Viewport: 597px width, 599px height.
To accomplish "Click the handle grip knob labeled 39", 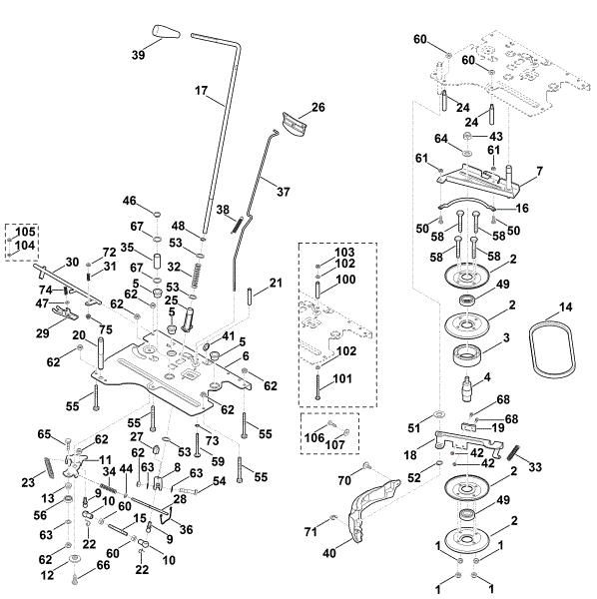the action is tap(166, 32).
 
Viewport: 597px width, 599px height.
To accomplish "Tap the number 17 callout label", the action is tap(201, 91).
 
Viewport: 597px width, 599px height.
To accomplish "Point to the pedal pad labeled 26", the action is tap(295, 124).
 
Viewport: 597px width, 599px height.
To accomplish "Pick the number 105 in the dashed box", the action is tap(25, 232).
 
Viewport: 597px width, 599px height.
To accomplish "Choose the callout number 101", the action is tap(342, 378).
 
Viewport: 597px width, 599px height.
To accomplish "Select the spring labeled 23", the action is tap(49, 467).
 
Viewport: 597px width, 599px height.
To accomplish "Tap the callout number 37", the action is tap(284, 192).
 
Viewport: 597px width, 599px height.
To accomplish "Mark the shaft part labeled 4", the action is tap(468, 389).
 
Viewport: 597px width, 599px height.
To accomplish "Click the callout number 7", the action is tap(539, 172).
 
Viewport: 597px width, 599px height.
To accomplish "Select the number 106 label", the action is tap(314, 438).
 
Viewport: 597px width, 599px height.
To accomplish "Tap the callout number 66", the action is tap(104, 565).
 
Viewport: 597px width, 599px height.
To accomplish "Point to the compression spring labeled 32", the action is tap(197, 276).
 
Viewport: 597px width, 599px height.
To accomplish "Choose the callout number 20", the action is tap(79, 335).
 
